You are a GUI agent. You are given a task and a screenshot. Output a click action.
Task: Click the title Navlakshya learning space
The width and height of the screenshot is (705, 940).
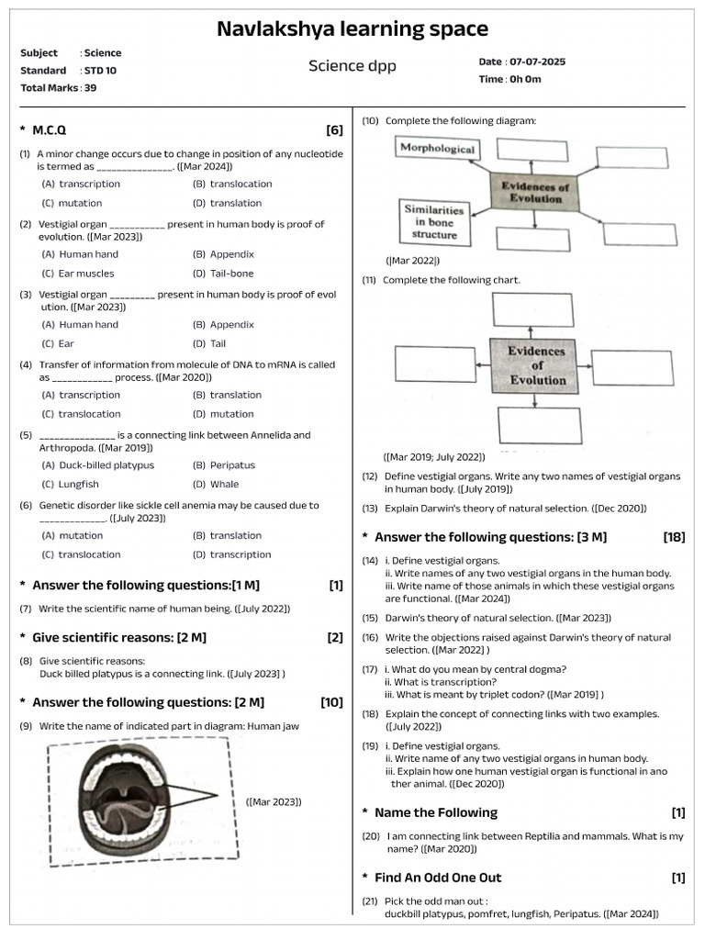[352, 28]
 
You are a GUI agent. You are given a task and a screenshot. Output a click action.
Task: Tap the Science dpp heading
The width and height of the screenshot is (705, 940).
[352, 66]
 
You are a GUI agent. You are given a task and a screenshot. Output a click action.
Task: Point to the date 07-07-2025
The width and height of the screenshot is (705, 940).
[535, 62]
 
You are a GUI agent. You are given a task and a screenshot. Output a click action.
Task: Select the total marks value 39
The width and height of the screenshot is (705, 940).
[90, 88]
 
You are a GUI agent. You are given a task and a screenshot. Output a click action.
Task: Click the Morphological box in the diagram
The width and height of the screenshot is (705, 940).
[438, 149]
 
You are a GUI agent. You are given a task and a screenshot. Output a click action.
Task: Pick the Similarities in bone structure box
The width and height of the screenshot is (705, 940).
[434, 222]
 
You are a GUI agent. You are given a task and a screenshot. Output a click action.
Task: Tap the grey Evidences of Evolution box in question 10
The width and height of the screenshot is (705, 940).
[535, 192]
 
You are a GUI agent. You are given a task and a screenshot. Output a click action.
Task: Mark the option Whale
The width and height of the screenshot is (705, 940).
[224, 485]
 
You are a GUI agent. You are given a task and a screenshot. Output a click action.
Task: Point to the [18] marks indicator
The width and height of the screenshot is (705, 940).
[674, 537]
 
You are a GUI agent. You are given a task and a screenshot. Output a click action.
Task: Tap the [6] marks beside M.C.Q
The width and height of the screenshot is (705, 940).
[334, 130]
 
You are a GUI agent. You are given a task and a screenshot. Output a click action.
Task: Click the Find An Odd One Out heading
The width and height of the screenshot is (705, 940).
[437, 878]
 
